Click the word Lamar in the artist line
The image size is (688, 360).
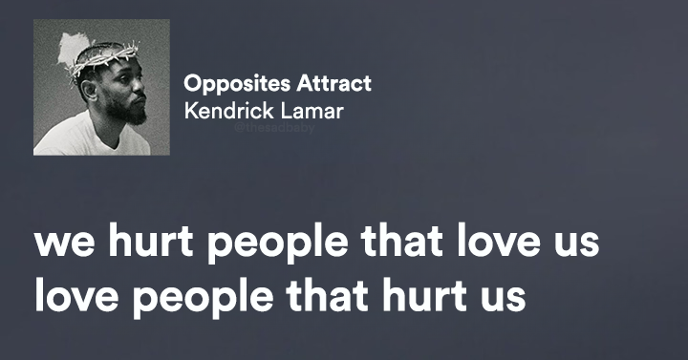click(x=311, y=111)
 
